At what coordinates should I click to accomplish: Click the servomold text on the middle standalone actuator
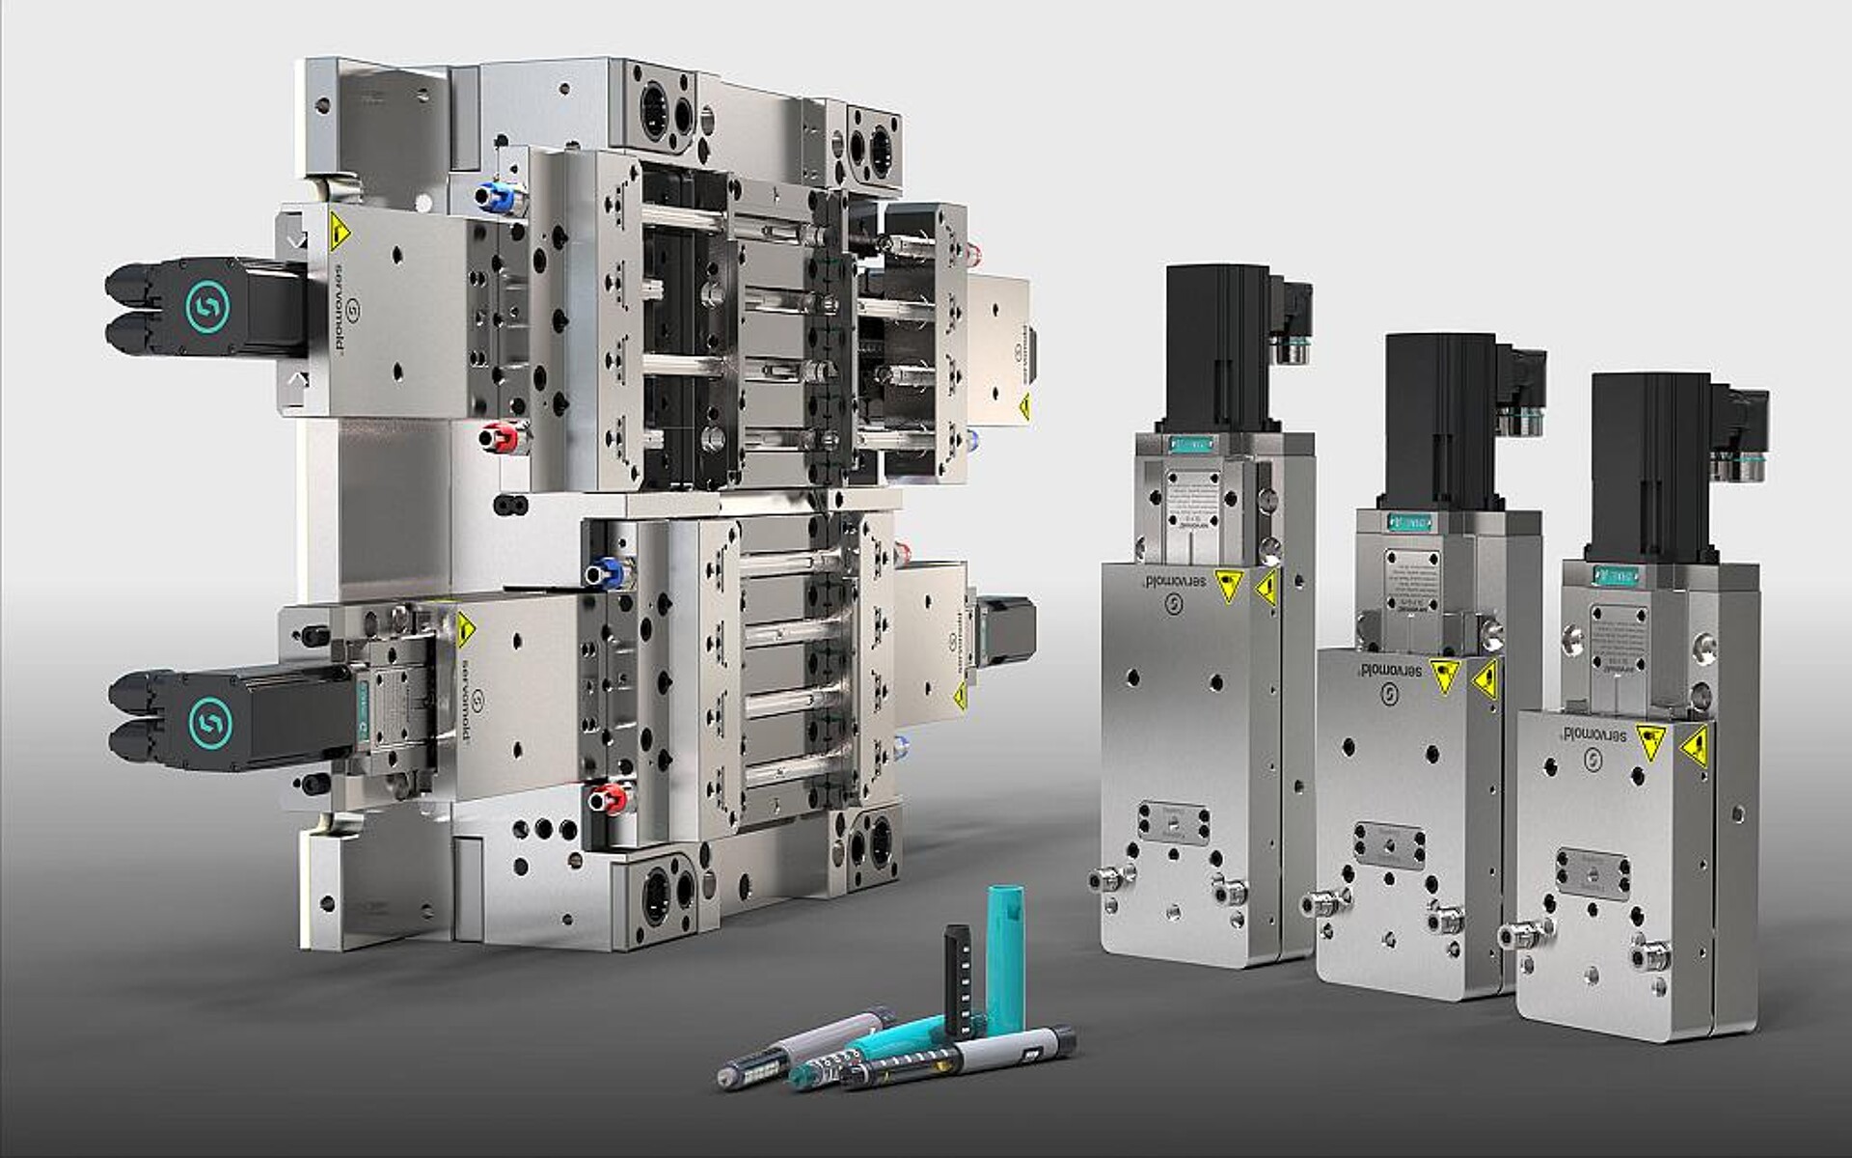click(x=1390, y=669)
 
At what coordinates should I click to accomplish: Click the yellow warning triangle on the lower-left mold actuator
click(x=466, y=630)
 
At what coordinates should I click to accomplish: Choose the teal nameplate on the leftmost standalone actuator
click(x=1190, y=445)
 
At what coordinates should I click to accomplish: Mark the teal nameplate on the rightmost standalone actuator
click(x=1616, y=576)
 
